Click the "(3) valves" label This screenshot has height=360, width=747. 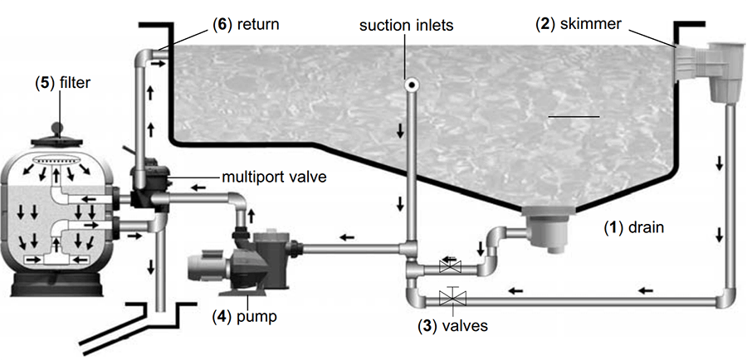click(x=452, y=326)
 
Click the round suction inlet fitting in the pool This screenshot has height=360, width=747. click(x=410, y=84)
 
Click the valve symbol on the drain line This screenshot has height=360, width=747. click(x=449, y=267)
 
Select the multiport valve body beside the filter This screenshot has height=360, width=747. click(x=149, y=178)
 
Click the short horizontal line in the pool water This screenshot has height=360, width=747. click(x=573, y=118)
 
